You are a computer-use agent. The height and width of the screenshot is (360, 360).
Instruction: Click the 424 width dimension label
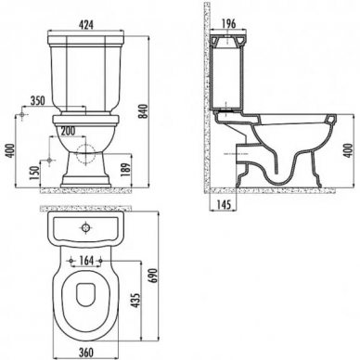(85, 25)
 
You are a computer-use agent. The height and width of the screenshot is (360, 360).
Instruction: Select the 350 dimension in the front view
(37, 100)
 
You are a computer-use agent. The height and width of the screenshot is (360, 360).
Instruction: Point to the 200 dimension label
(68, 131)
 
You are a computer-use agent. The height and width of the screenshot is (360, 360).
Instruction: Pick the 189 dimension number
(127, 170)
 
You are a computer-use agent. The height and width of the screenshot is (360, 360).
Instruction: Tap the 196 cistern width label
(228, 23)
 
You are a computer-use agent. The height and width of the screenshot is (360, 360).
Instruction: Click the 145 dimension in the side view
(224, 205)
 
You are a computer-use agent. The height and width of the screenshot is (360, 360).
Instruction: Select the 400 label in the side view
(349, 150)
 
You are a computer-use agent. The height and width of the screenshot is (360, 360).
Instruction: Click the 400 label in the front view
(11, 151)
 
